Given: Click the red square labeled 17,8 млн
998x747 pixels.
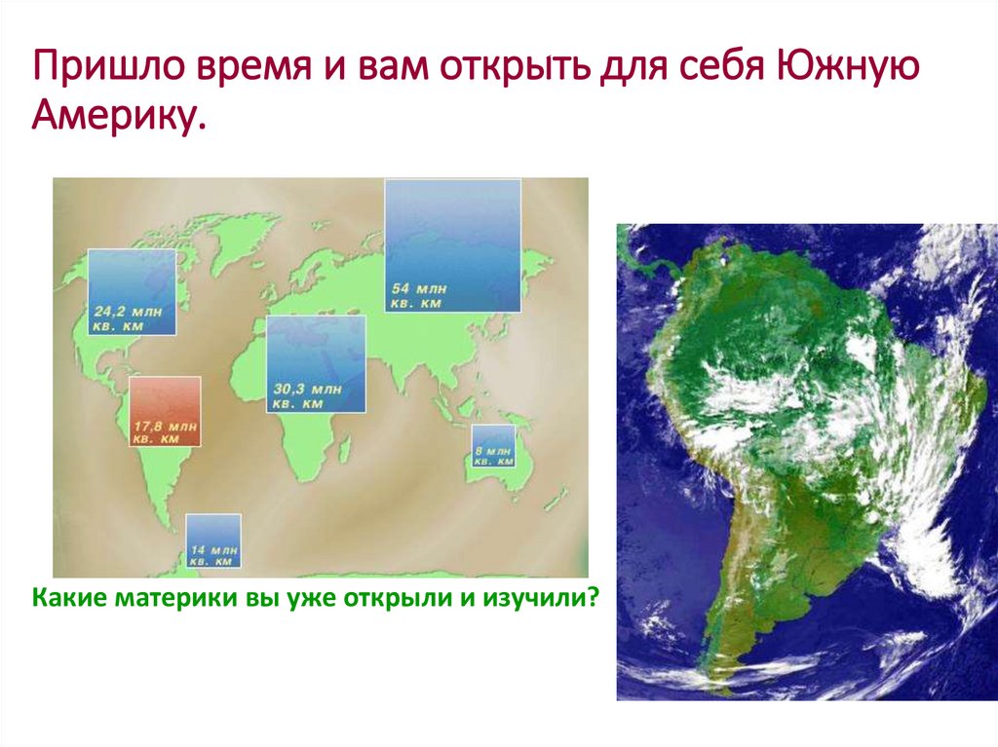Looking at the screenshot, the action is [165, 411].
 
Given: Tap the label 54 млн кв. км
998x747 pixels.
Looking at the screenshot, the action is [419, 296].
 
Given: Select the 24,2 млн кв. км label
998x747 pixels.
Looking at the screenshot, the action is [128, 318].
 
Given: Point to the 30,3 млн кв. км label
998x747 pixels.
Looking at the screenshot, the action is [307, 395].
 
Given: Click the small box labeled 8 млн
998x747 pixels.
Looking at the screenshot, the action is [493, 446].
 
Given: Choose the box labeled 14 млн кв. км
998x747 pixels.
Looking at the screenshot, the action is [213, 541].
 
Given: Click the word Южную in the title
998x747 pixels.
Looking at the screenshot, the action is [847, 65].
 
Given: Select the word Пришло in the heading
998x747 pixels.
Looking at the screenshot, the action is [108, 65].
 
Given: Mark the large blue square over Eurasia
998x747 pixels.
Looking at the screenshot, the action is [452, 245].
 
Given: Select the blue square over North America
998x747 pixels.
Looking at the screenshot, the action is [132, 292].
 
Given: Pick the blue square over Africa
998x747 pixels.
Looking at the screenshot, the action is [316, 364].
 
